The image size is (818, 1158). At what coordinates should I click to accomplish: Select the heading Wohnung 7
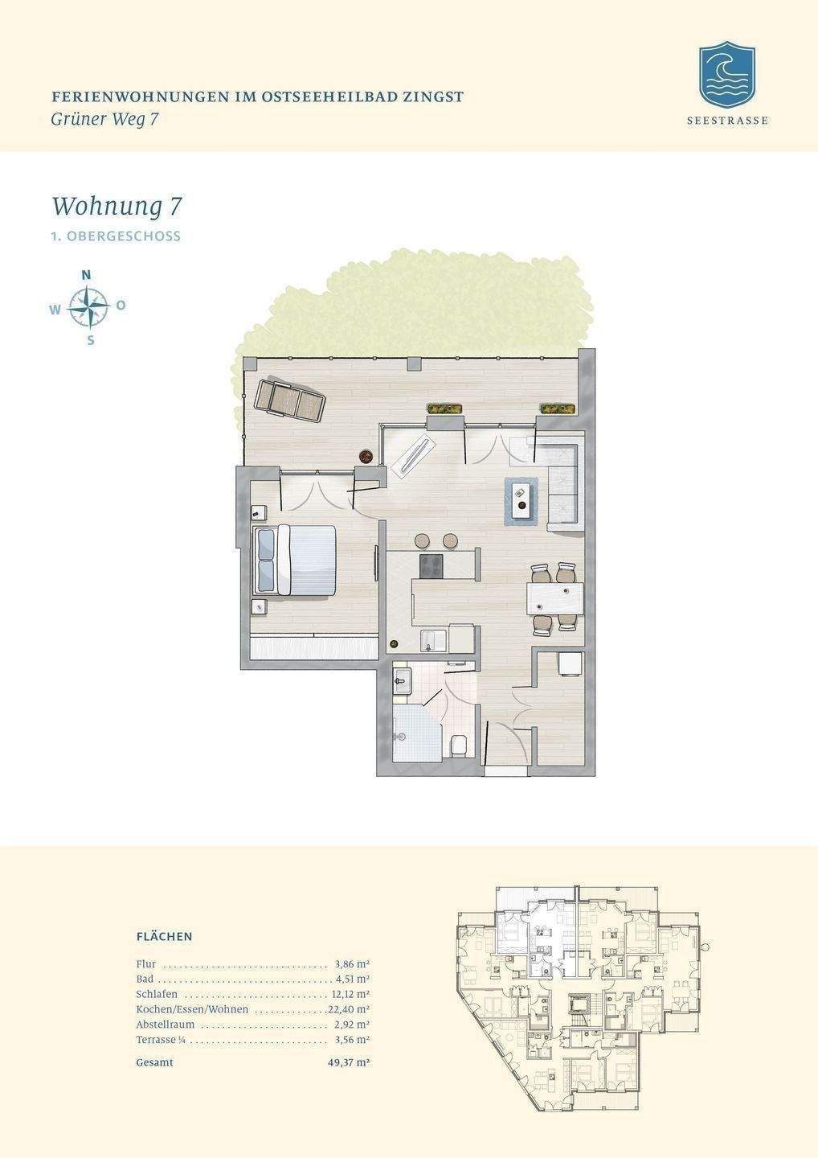117,206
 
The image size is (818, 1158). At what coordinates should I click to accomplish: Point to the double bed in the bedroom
293,560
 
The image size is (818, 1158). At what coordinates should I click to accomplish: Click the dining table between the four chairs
554,598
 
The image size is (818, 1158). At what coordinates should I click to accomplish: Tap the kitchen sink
433,641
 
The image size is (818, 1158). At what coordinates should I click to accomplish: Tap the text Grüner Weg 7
104,119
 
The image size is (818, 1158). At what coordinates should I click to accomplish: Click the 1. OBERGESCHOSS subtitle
117,236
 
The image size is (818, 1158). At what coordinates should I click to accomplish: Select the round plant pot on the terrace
366,455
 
